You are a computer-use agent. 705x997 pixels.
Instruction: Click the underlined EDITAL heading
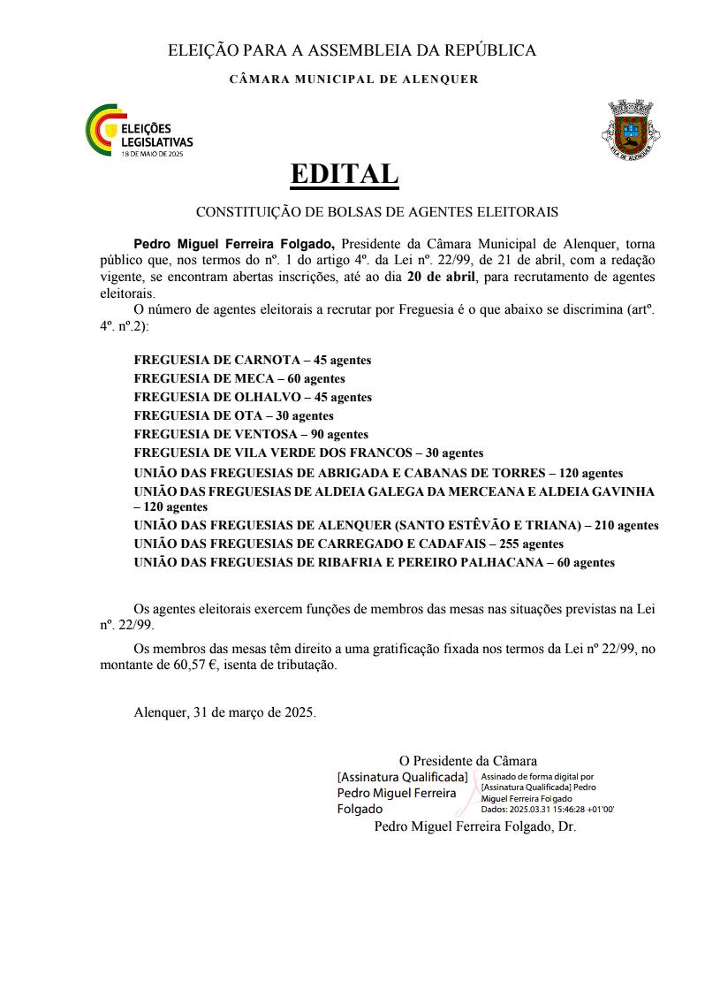(345, 174)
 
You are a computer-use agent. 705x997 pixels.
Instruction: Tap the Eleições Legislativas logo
(139, 131)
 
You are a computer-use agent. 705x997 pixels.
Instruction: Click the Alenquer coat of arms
(632, 129)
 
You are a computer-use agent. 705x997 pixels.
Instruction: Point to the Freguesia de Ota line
(233, 415)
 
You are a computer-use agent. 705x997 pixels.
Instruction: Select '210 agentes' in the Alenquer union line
(626, 525)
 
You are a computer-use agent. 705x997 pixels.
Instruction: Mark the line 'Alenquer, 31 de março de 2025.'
(224, 712)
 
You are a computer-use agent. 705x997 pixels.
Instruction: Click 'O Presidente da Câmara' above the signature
(467, 760)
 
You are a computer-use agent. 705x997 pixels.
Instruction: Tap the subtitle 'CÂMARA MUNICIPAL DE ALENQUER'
(353, 80)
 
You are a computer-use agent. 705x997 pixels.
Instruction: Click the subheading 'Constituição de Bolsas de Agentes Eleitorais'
(376, 212)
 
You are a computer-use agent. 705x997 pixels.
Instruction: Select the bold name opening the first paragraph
(234, 243)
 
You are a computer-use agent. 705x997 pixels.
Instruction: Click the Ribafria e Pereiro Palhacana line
(374, 562)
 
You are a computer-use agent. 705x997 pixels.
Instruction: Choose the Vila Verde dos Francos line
(308, 453)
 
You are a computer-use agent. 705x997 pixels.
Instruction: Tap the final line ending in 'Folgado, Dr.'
(474, 827)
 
